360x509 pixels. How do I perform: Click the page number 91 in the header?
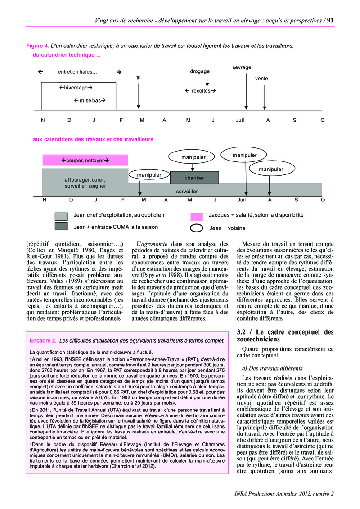tap(329, 20)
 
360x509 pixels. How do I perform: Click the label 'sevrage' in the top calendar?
tap(242, 67)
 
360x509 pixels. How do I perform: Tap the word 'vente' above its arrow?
tap(261, 79)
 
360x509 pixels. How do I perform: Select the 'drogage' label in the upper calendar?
tap(200, 71)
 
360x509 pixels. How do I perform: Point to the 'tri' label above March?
tap(139, 78)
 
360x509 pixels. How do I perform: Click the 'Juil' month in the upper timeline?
tap(240, 120)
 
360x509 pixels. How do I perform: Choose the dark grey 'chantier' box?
tap(194, 178)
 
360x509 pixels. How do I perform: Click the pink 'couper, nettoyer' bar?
tap(85, 160)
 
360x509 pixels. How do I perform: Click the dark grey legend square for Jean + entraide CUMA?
tap(61, 227)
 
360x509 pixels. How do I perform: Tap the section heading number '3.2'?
tap(243, 332)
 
